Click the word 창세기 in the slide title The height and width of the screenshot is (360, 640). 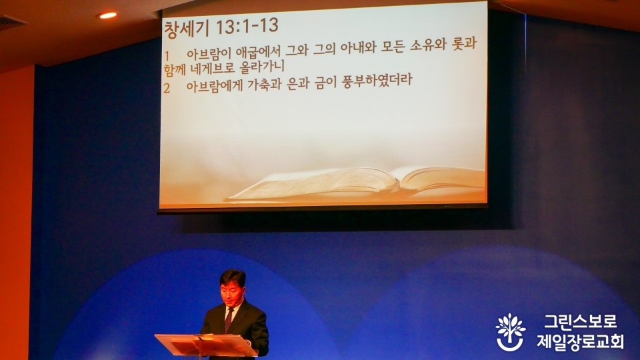187,29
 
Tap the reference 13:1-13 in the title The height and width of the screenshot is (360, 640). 247,27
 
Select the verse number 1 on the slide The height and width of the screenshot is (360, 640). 167,55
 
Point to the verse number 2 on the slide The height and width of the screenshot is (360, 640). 167,88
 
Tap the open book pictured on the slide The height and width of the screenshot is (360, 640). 355,183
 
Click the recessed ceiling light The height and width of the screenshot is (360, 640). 107,15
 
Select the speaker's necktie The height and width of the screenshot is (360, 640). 229,319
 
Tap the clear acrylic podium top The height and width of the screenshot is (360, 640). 206,345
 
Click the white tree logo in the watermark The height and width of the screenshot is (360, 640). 510,332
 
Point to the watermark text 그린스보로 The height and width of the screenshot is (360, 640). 581,321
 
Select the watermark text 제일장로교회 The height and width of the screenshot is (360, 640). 580,341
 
